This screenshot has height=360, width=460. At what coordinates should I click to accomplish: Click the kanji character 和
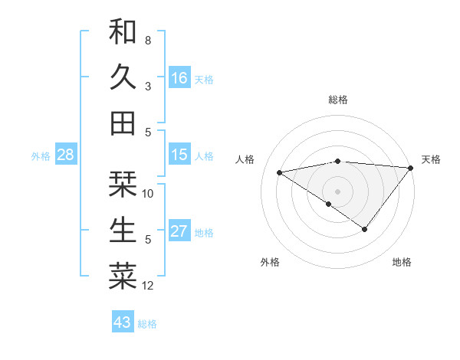click(x=123, y=31)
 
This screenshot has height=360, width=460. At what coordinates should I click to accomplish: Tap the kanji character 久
click(x=123, y=77)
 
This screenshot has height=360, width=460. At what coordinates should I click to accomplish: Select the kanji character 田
click(x=123, y=122)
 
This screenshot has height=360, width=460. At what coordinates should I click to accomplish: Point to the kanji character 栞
click(x=123, y=185)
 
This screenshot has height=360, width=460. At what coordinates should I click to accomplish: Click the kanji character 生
click(x=123, y=231)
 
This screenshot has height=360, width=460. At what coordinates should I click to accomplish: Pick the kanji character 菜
click(x=123, y=277)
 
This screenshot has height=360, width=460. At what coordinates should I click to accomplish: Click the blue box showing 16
click(x=179, y=77)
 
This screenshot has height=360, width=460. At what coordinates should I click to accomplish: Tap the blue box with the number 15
click(x=179, y=155)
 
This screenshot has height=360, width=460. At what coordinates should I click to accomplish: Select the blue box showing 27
click(x=179, y=231)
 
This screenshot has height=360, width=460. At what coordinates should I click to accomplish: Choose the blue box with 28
click(x=66, y=155)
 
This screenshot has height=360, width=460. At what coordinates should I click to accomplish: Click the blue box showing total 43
click(x=123, y=322)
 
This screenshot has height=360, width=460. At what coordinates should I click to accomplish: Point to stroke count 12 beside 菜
click(x=148, y=286)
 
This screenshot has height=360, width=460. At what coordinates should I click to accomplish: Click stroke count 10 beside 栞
click(x=148, y=193)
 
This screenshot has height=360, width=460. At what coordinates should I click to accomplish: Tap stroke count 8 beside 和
click(x=148, y=40)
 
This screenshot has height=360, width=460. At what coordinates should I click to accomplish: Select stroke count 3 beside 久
click(x=148, y=86)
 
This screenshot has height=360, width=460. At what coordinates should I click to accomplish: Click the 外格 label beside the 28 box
click(x=41, y=156)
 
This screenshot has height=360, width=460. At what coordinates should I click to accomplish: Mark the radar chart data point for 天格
click(x=411, y=169)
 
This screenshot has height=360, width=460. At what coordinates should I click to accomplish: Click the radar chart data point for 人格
click(x=279, y=172)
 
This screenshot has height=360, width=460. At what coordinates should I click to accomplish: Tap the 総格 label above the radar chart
click(x=338, y=100)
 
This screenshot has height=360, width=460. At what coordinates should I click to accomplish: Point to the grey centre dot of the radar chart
click(x=337, y=191)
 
